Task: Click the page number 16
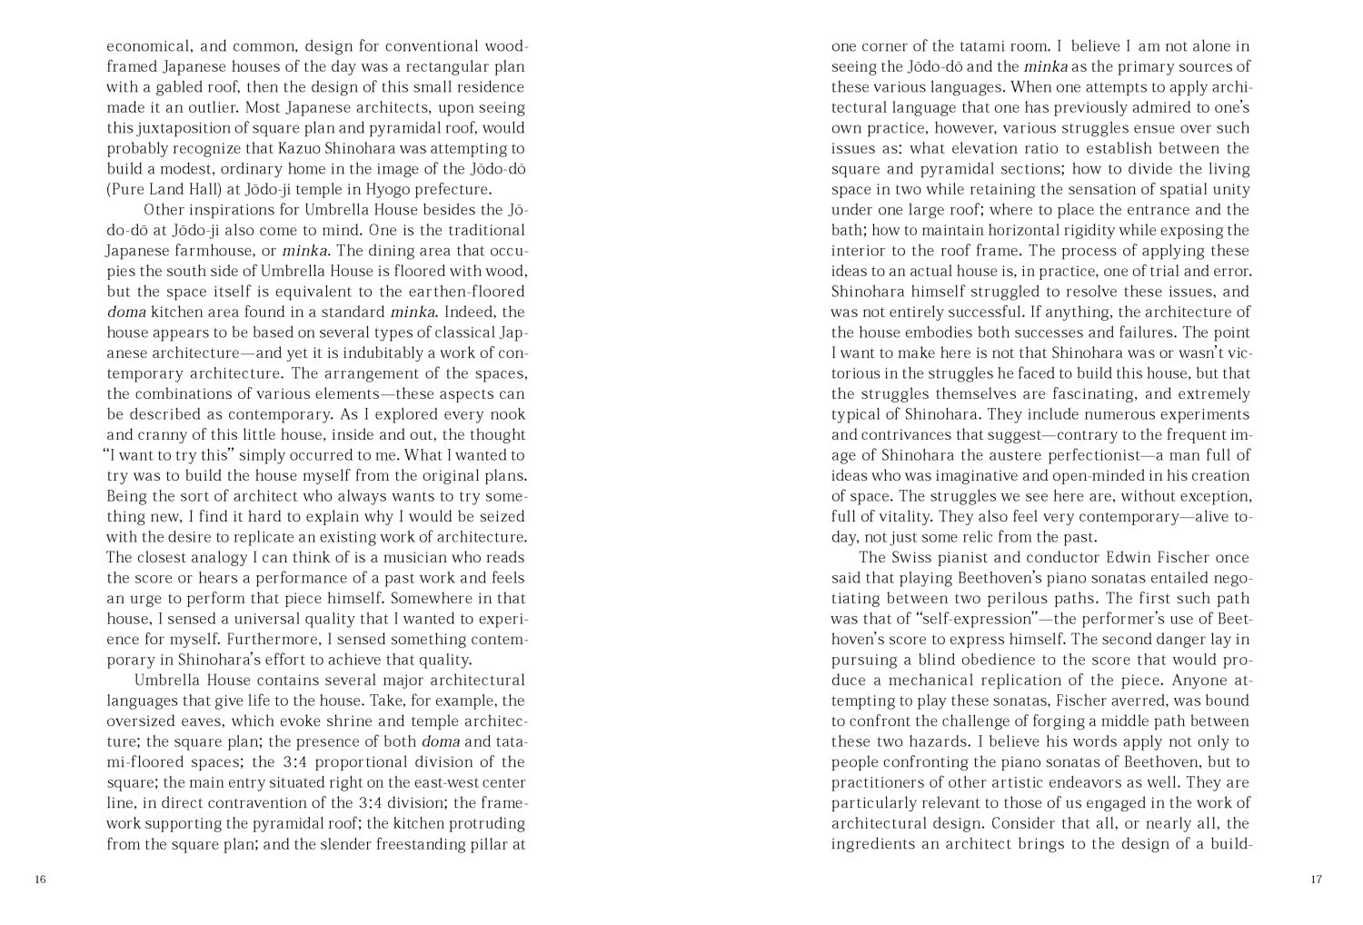pyautogui.click(x=40, y=880)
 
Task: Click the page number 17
pyautogui.click(x=1316, y=880)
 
